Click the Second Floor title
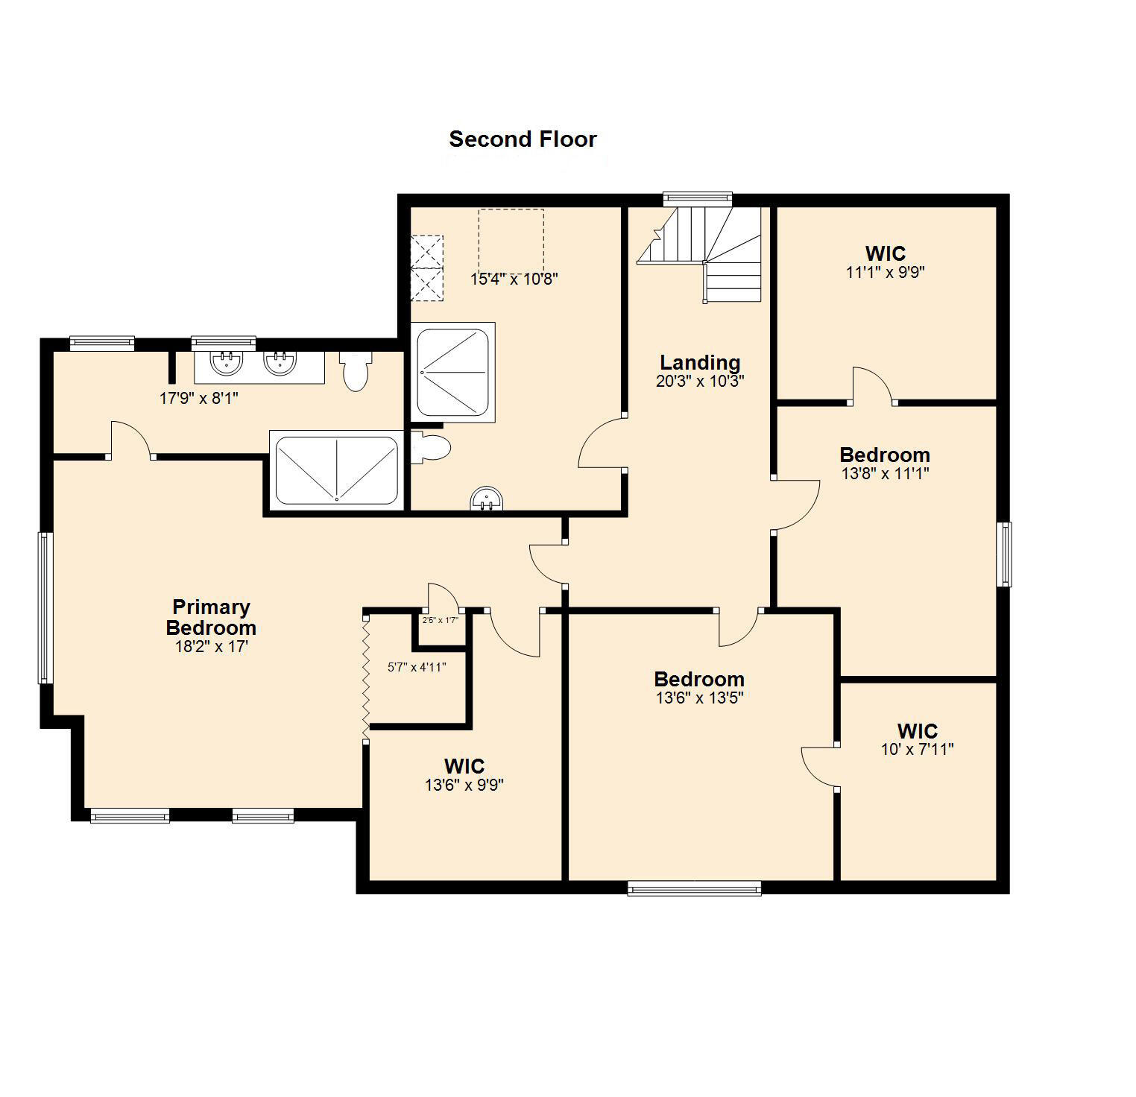[523, 139]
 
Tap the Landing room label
[700, 363]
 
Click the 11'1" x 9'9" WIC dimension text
[885, 273]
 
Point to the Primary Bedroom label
[211, 617]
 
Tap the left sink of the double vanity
[226, 363]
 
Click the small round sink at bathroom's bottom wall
[487, 499]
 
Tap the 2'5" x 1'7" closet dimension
[440, 620]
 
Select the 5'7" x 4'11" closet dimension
[417, 668]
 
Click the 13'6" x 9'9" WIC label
[464, 766]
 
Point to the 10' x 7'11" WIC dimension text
[917, 750]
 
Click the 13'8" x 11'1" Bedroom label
[884, 455]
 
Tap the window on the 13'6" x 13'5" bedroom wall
[694, 888]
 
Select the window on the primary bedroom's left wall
[45, 607]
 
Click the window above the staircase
[698, 198]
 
